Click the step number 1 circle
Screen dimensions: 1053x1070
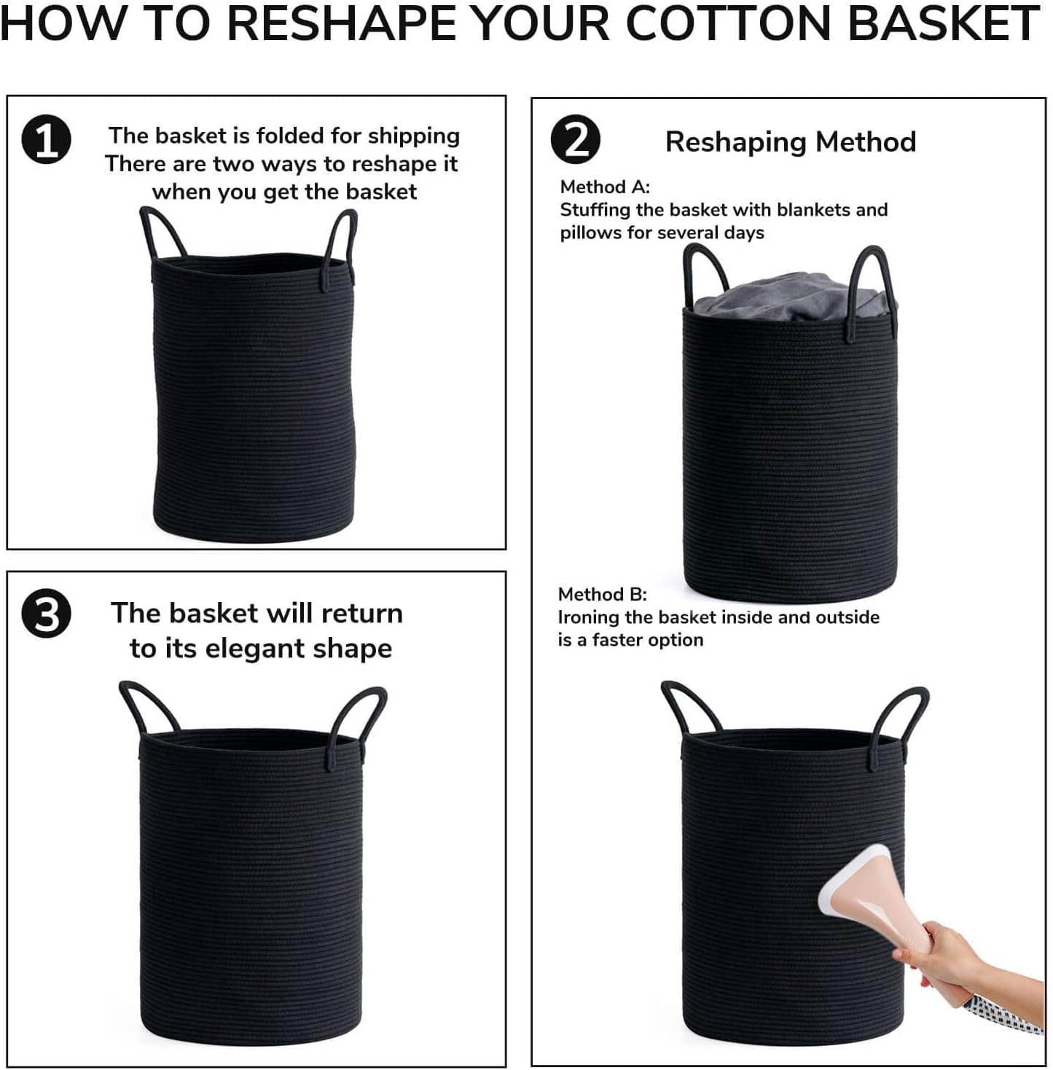(x=46, y=138)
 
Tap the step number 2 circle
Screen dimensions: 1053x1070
(x=576, y=138)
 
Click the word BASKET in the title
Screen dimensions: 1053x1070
(x=944, y=23)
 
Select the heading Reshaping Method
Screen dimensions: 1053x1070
(x=791, y=141)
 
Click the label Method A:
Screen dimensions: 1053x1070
(x=605, y=187)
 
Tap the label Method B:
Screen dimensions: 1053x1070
(x=603, y=594)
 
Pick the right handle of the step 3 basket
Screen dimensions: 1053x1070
(x=356, y=725)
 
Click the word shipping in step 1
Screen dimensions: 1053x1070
(x=414, y=136)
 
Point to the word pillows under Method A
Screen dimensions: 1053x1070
(x=591, y=232)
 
